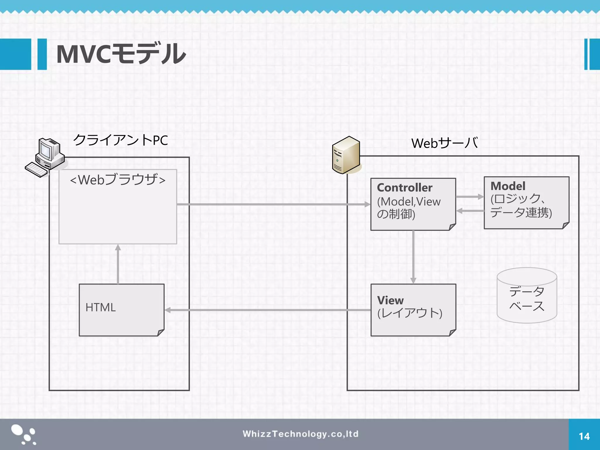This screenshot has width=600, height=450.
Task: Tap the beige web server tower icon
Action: (346, 155)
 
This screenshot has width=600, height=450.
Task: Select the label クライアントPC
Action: (120, 140)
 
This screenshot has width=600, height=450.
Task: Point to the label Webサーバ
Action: (444, 143)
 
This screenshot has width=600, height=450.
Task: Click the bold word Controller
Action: (404, 187)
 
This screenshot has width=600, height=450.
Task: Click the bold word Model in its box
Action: (508, 186)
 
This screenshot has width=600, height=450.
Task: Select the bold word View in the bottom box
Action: (390, 300)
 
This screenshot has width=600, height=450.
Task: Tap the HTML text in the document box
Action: (100, 307)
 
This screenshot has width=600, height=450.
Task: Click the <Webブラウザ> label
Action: (118, 180)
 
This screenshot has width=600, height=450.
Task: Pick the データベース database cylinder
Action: (527, 296)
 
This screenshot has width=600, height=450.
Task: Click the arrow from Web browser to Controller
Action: (272, 204)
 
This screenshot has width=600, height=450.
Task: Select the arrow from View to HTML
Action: (267, 310)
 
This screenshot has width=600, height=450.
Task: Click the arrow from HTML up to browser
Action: (118, 264)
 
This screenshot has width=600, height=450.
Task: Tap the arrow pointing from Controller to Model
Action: (470, 197)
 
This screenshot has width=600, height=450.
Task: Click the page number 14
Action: (584, 437)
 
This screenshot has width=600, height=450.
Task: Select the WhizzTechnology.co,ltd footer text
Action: (300, 434)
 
